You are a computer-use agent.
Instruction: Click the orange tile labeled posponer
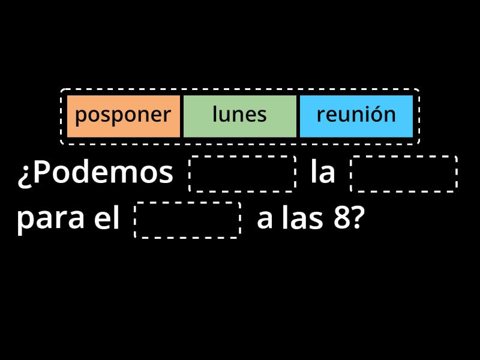click(123, 115)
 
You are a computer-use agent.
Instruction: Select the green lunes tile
click(239, 115)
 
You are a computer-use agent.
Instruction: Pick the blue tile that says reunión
click(356, 115)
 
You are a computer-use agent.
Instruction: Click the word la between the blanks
click(323, 173)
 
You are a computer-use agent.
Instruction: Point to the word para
click(50, 220)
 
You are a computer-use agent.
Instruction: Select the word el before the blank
click(107, 220)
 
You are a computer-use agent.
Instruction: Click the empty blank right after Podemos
click(242, 174)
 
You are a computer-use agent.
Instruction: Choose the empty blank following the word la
click(404, 174)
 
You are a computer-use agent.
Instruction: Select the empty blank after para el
click(188, 220)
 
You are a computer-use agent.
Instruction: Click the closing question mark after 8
click(356, 220)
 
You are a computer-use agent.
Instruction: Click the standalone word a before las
click(263, 221)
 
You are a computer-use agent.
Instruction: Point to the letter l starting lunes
click(215, 114)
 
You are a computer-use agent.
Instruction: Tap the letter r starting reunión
click(320, 116)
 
